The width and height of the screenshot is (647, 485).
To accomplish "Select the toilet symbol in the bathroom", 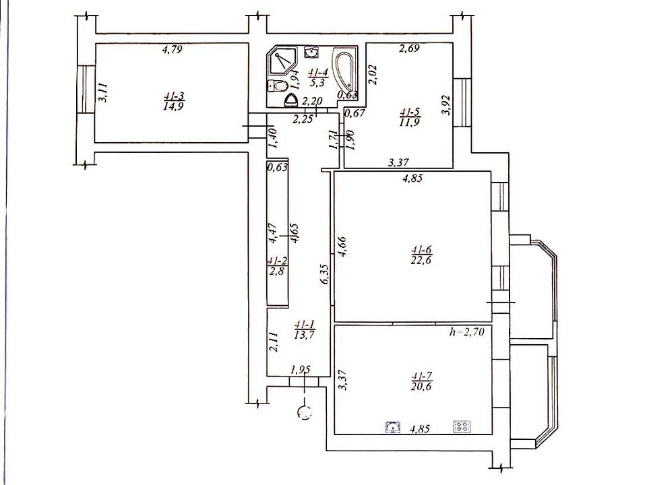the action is tap(278, 86).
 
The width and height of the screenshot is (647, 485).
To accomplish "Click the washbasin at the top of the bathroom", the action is tap(311, 52).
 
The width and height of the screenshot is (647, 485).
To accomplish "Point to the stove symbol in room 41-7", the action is tap(462, 426).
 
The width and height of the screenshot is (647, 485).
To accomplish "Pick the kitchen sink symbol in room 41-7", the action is tap(394, 426).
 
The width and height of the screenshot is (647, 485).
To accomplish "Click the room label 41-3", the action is tap(174, 96).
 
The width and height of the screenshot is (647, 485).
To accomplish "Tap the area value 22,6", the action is tap(421, 260).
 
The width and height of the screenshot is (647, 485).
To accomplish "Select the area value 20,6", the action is tap(421, 387).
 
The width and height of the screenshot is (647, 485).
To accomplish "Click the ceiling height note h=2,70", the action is tap(466, 331).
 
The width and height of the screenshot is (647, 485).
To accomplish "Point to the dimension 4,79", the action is tap(172, 49).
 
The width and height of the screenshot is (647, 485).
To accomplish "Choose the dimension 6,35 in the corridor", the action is tap(325, 274).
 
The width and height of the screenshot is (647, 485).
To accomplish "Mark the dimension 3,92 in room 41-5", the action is tap(445, 105).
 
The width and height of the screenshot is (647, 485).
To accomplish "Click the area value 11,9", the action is tap(409, 122).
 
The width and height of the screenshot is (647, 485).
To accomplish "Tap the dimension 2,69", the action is tap(409, 48).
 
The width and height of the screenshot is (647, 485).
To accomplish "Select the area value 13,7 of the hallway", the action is tap(305, 335).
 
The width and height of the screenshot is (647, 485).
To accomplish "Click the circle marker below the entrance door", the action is tap(305, 412).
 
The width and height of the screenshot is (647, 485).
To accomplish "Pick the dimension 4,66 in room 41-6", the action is tap(342, 246).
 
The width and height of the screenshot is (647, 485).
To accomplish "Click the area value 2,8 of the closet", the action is tap(276, 271).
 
